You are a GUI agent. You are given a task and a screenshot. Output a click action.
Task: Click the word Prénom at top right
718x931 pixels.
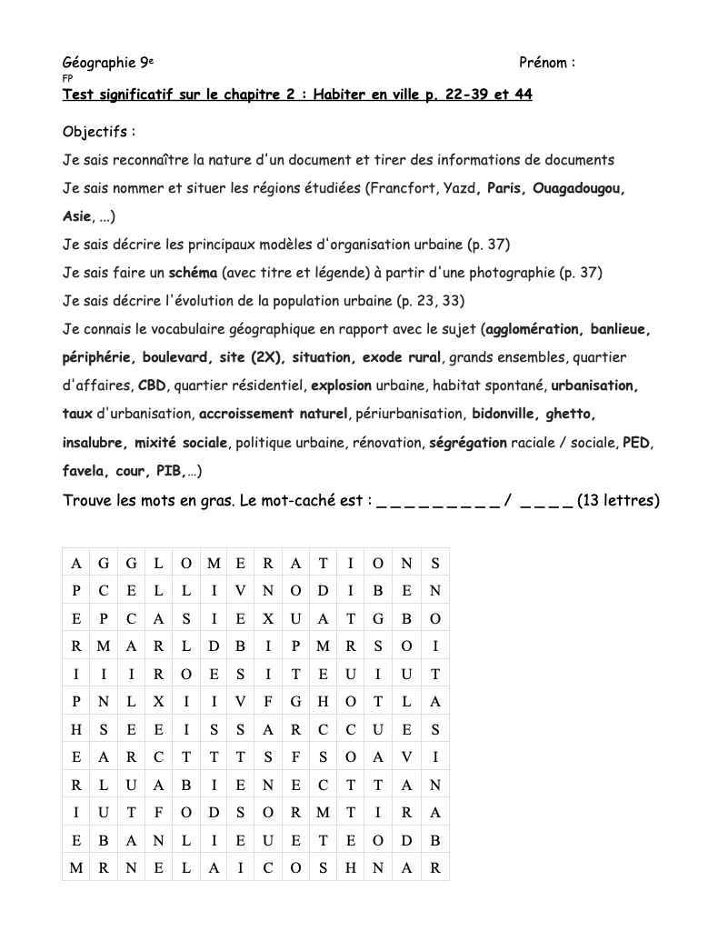click(543, 63)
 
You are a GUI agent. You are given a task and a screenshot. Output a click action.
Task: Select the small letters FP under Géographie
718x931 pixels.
click(67, 79)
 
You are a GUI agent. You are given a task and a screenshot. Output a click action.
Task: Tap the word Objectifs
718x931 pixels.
click(95, 132)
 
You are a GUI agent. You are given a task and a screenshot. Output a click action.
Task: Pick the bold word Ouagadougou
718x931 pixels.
click(579, 188)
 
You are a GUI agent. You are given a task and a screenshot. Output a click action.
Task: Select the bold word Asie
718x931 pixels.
click(77, 216)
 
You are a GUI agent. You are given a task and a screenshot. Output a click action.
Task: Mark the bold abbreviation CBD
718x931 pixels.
click(152, 385)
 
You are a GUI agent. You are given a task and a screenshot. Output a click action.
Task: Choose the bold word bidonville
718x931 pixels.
click(505, 414)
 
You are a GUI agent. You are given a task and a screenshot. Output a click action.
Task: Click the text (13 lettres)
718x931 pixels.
click(618, 500)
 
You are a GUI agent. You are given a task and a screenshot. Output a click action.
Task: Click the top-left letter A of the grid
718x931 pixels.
click(76, 564)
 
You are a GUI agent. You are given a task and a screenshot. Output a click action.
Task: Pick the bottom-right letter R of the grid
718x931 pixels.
click(435, 867)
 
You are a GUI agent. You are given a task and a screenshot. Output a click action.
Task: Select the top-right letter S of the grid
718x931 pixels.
click(435, 564)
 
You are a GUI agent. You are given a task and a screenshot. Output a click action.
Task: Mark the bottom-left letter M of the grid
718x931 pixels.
click(76, 867)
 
